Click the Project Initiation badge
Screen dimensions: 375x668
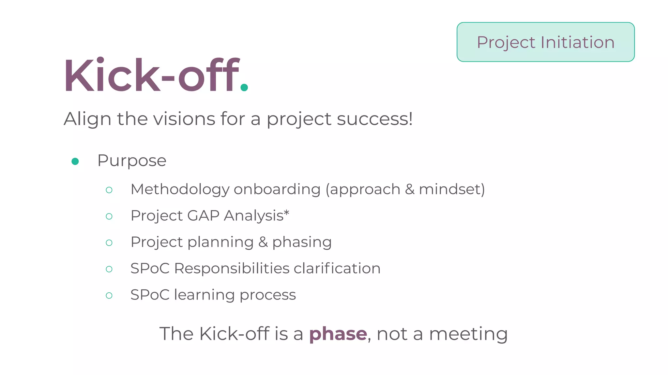click(x=545, y=42)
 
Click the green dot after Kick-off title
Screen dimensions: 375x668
click(x=244, y=87)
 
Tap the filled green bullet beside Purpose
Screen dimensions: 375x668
click(x=75, y=161)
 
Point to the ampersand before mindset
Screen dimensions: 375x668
click(x=409, y=189)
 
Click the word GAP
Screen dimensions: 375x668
click(x=203, y=215)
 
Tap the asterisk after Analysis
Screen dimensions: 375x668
click(x=286, y=213)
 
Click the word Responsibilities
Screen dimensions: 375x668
click(x=232, y=269)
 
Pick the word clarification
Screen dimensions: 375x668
click(x=337, y=269)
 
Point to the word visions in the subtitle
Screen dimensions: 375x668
click(x=184, y=119)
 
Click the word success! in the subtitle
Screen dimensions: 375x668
click(x=375, y=119)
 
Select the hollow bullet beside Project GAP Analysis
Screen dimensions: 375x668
click(x=109, y=216)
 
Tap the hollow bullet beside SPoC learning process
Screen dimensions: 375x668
click(x=109, y=296)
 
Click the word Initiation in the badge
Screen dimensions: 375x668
click(x=577, y=42)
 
